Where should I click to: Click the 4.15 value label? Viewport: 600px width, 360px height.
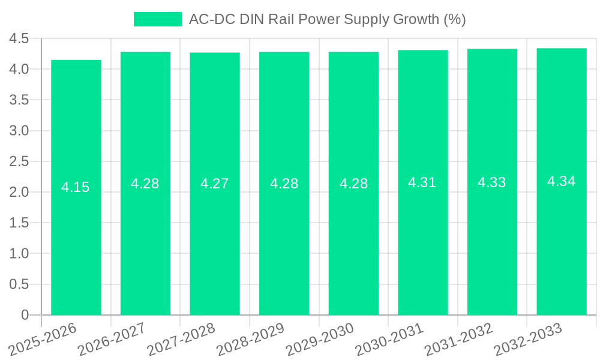[x=76, y=187]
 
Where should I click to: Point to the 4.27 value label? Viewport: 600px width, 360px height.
[x=215, y=184]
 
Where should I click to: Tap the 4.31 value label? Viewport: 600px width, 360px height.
[x=422, y=182]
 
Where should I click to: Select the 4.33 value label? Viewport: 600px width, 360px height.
[x=492, y=182]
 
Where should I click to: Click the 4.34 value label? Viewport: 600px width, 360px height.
[x=562, y=181]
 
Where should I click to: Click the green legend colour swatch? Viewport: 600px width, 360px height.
[x=157, y=19]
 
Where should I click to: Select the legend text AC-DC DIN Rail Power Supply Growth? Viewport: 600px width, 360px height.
[x=327, y=19]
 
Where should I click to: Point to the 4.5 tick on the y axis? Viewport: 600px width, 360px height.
[x=19, y=38]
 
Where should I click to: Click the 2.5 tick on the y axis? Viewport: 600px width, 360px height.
[x=19, y=161]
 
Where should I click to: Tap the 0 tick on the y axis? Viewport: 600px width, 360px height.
[x=25, y=315]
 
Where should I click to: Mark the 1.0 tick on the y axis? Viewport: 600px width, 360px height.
[x=19, y=254]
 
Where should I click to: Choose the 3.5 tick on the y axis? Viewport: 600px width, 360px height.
[x=19, y=100]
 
